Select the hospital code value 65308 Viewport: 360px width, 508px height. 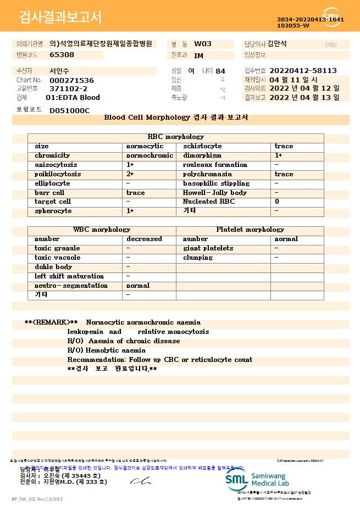click(62, 55)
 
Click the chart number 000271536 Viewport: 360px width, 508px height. click(71, 80)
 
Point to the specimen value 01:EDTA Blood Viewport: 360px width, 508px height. click(73, 98)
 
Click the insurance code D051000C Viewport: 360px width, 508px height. click(69, 110)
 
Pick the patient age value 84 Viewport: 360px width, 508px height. click(220, 71)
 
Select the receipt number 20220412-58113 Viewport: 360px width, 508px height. click(303, 71)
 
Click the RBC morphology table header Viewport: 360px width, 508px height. click(176, 137)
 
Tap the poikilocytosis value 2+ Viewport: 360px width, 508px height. click(130, 174)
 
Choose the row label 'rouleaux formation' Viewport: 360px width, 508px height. click(215, 165)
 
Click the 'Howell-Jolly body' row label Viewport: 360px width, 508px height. click(215, 193)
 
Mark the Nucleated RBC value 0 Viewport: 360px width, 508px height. click(277, 202)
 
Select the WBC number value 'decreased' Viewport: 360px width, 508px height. click(144, 239)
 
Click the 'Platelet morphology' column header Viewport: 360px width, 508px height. click(250, 230)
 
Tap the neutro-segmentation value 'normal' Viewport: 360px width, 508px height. click(138, 286)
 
